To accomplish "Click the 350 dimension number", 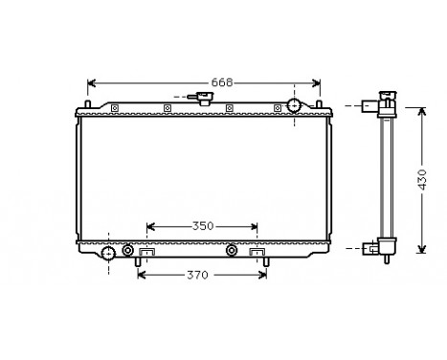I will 202,227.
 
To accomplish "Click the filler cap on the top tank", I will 202,98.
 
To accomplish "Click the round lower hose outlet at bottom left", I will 109,253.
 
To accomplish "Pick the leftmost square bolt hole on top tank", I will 115,107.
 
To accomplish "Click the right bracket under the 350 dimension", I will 257,253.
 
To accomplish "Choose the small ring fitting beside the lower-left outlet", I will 128,251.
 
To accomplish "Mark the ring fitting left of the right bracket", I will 231,251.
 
